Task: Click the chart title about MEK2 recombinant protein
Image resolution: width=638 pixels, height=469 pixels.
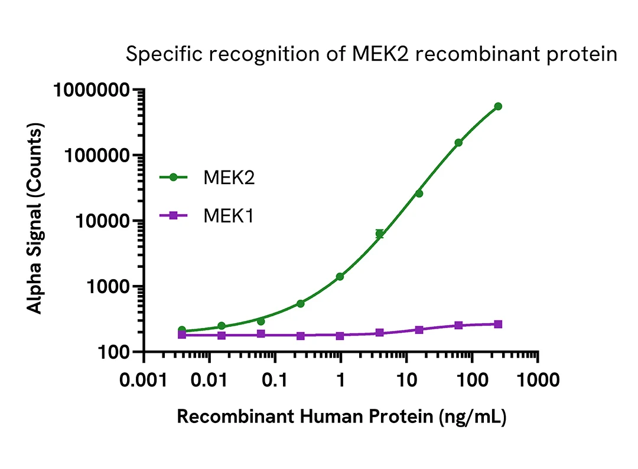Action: click(372, 55)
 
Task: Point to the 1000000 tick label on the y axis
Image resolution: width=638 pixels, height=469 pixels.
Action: click(92, 90)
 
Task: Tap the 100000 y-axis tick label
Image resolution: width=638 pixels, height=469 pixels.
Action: click(97, 156)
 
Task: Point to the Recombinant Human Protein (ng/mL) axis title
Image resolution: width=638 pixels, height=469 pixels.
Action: click(341, 416)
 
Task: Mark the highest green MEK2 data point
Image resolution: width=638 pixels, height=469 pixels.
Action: click(498, 106)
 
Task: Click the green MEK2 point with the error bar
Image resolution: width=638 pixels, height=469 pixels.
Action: click(380, 234)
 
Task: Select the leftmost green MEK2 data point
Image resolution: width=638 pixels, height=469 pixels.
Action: click(182, 330)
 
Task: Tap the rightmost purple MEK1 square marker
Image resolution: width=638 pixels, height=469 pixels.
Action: click(498, 324)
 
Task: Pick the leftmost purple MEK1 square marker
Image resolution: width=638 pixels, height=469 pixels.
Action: click(182, 334)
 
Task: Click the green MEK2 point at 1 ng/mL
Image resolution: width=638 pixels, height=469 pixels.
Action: click(340, 277)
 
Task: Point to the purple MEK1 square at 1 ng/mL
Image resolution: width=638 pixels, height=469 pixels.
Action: click(340, 336)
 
